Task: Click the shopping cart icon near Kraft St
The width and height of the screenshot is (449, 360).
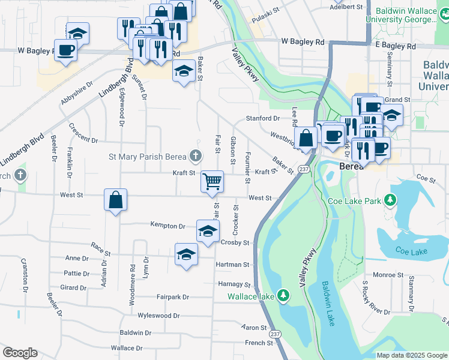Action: [212, 181]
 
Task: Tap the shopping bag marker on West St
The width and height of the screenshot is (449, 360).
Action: [115, 200]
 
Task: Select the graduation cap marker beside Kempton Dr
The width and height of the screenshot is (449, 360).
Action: [208, 231]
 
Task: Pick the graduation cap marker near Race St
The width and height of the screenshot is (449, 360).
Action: [186, 254]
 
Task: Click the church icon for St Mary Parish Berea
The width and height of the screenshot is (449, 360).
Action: [195, 157]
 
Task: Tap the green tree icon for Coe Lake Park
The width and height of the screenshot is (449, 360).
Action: [391, 200]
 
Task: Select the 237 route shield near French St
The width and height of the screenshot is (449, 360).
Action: [275, 334]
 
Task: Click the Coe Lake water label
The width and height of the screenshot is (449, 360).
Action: [411, 251]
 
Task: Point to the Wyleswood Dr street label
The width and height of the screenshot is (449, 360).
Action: [158, 316]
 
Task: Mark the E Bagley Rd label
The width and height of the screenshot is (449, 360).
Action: [395, 46]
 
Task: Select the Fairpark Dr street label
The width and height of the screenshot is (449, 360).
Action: [173, 297]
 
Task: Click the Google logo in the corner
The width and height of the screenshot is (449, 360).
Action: [20, 353]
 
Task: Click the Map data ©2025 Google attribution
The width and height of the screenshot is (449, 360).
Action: [412, 355]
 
